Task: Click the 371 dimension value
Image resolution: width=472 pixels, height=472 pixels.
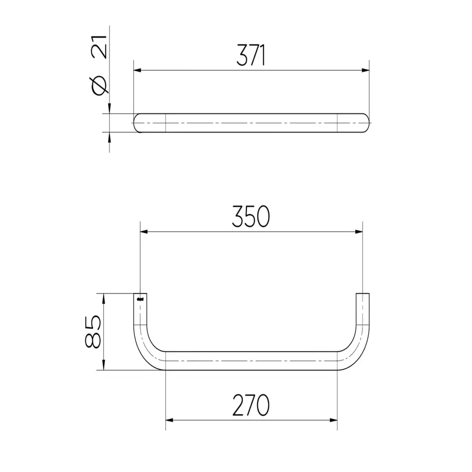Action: pos(251,55)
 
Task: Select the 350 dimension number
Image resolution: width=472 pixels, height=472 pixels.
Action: pos(251,217)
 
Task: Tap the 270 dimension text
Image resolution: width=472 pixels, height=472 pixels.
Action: pos(251,405)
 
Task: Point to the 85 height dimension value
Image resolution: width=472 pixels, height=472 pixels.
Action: pos(93,332)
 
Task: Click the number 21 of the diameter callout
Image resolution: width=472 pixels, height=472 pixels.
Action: pos(99,47)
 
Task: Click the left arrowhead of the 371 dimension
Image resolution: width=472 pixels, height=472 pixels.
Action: pos(137,70)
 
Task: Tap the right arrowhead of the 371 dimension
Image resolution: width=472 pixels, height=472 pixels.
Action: pos(365,70)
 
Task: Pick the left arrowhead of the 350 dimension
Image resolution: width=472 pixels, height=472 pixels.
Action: pos(144,231)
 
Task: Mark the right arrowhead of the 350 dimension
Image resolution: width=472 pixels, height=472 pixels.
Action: pos(359,231)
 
